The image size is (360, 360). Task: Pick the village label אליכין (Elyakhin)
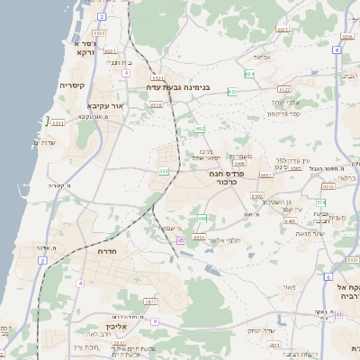click(105, 327)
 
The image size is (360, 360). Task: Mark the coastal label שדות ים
click(44, 141)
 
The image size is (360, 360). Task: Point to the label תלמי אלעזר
click(220, 240)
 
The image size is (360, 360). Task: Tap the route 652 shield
click(201, 130)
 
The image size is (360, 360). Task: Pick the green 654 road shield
click(249, 74)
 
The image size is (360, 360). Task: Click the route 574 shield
click(321, 202)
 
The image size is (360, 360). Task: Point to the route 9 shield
click(155, 321)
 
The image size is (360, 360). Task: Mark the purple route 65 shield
click(180, 240)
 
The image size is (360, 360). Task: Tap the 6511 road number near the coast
click(58, 122)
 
